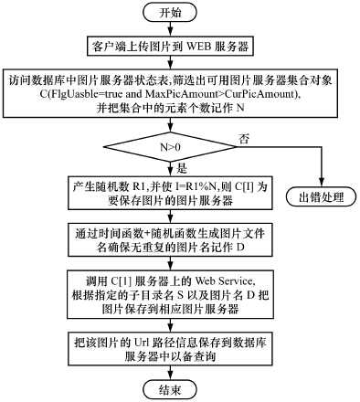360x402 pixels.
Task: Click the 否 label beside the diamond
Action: tap(243, 137)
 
